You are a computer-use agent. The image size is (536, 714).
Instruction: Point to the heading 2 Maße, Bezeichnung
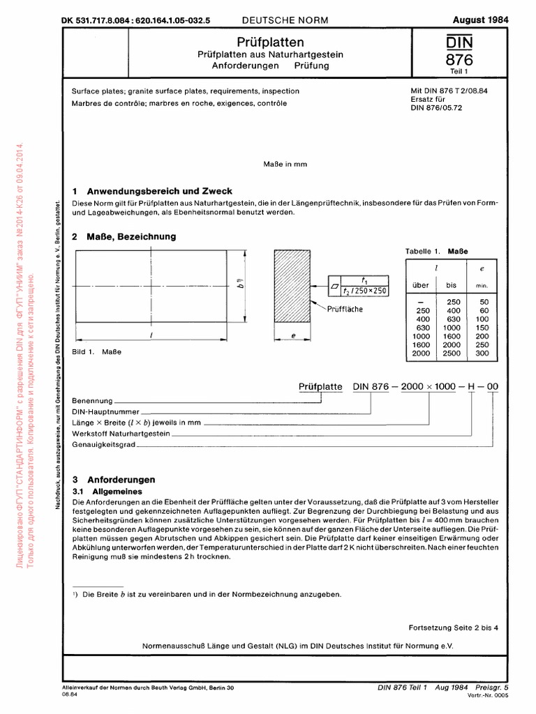124,236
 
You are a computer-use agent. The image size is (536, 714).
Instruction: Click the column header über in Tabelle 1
421,284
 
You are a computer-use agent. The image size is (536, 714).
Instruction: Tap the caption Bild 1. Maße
97,351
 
